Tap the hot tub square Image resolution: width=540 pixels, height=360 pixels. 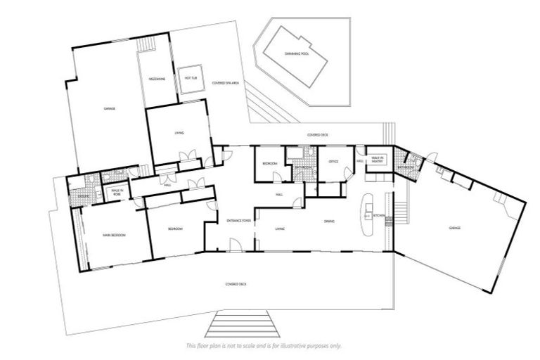(x=189, y=79)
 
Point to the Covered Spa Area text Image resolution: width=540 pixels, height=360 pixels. (x=226, y=82)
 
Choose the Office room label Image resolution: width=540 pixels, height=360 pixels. (x=333, y=162)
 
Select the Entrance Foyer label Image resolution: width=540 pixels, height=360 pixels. (x=238, y=221)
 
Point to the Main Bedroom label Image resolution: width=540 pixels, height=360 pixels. (x=113, y=235)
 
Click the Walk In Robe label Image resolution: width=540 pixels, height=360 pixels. (x=116, y=191)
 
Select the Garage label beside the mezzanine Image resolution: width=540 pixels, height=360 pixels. (x=109, y=108)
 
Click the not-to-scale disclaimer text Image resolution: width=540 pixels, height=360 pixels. (x=264, y=346)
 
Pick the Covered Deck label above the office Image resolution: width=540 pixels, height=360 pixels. (x=313, y=134)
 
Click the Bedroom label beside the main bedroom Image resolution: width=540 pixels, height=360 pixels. (x=176, y=229)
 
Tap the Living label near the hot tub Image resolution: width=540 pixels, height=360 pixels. (x=179, y=132)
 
